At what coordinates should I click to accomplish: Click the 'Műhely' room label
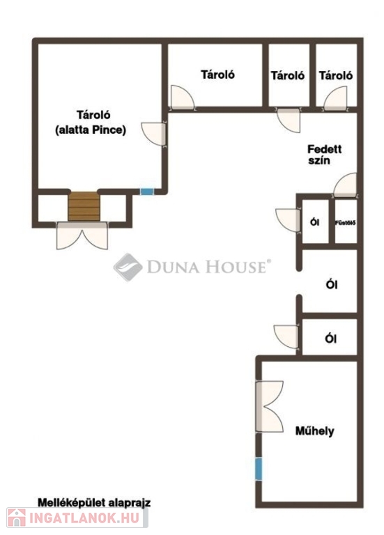tap(314, 431)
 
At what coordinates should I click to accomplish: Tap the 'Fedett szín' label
tap(324, 155)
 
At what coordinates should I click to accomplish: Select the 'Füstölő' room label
tap(346, 223)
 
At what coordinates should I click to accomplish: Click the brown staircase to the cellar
tap(84, 206)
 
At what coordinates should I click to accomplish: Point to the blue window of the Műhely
tap(259, 469)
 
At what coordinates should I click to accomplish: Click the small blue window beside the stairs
tap(147, 192)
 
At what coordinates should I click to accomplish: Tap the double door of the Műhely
tap(269, 406)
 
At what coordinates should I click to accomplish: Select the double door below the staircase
tap(82, 235)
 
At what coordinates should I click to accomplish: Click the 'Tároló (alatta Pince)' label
tap(91, 122)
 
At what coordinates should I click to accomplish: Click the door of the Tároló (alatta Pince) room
tap(154, 134)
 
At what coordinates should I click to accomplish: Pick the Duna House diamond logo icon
tap(128, 267)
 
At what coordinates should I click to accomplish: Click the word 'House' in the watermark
tap(236, 267)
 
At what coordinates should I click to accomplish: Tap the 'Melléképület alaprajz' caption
tap(94, 502)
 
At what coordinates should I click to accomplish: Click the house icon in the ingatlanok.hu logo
tap(17, 518)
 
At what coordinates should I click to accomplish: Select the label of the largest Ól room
tap(332, 284)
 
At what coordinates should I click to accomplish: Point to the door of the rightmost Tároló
tap(335, 98)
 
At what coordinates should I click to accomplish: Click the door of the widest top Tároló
tap(183, 98)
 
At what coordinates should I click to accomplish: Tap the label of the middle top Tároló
tap(288, 75)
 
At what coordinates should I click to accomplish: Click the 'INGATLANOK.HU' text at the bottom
tap(84, 518)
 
